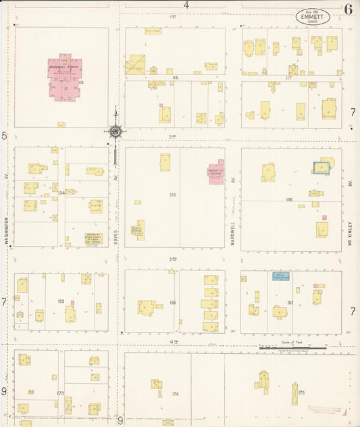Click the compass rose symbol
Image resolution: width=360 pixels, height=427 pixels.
click(x=115, y=130)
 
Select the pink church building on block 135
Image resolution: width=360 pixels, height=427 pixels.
click(x=215, y=172)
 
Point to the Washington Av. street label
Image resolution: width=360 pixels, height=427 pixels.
click(x=7, y=230)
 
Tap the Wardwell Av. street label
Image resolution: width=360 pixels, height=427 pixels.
click(x=232, y=232)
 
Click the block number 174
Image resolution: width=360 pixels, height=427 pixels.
click(x=176, y=393)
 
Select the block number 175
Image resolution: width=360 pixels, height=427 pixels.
click(x=301, y=393)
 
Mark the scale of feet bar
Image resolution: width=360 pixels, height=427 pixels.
click(x=292, y=347)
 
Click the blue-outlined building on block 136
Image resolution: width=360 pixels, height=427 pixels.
click(x=322, y=167)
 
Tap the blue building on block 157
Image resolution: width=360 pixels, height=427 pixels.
click(x=280, y=276)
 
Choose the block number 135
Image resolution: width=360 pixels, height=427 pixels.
click(x=173, y=195)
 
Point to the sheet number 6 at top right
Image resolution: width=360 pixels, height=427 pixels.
click(x=347, y=9)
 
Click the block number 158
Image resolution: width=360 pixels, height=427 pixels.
click(x=174, y=303)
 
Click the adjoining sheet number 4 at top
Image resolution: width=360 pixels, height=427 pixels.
click(x=186, y=5)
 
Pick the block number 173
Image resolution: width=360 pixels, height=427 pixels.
click(x=60, y=393)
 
